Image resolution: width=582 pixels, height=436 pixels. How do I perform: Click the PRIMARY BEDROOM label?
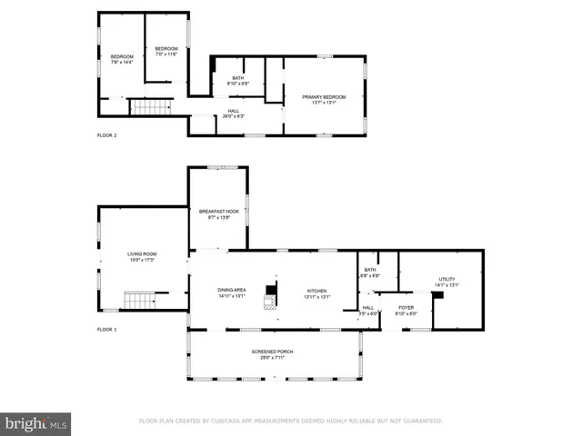323,98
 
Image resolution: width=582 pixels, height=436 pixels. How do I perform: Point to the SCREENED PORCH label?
272,353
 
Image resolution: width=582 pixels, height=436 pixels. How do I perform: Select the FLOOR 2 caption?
107,135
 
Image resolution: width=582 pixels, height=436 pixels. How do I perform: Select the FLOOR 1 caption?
107,329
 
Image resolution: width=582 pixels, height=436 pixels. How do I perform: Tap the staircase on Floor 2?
151,107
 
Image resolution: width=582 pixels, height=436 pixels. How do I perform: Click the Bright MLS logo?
36,422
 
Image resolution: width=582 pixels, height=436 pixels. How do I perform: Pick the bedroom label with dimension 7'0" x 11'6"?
166,51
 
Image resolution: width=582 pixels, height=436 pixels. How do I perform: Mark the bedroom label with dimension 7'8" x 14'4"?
122,60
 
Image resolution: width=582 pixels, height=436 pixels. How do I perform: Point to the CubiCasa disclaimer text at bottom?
290,421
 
